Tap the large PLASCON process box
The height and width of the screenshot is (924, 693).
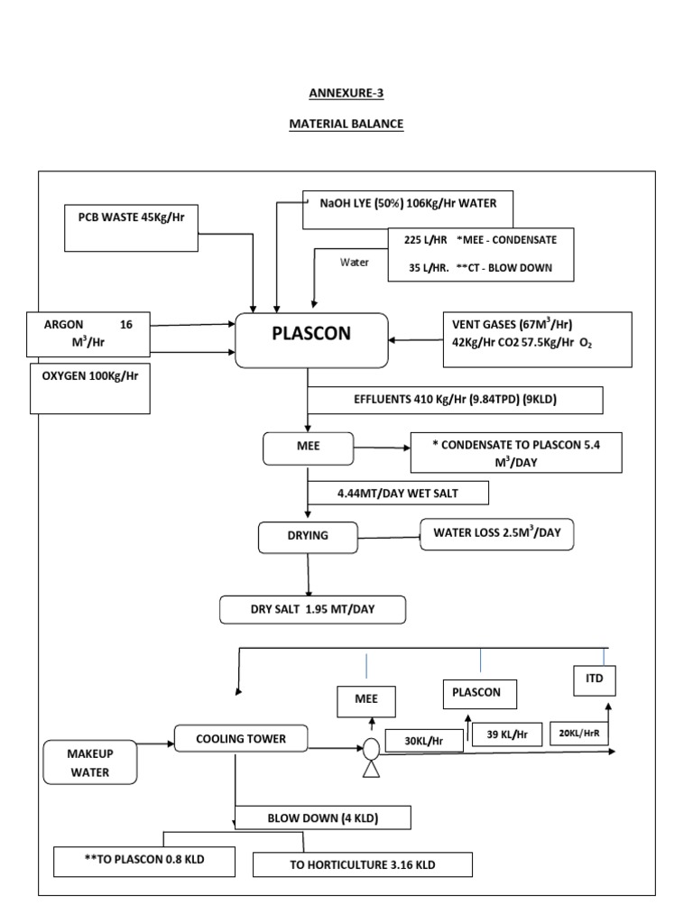pos(312,339)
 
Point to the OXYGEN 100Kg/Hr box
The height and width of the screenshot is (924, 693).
pos(90,388)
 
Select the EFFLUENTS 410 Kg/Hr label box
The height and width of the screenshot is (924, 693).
pos(456,399)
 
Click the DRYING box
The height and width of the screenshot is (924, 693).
pos(309,537)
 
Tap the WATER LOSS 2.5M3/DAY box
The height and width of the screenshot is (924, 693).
pos(497,534)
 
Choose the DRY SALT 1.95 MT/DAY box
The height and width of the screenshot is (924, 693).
pos(313,610)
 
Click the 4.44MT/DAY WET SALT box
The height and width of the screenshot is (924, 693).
pos(398,493)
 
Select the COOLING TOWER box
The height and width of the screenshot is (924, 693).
pos(241,739)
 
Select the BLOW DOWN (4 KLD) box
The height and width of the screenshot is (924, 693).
pos(322,818)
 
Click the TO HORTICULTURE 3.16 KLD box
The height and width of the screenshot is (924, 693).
pos(362,864)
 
